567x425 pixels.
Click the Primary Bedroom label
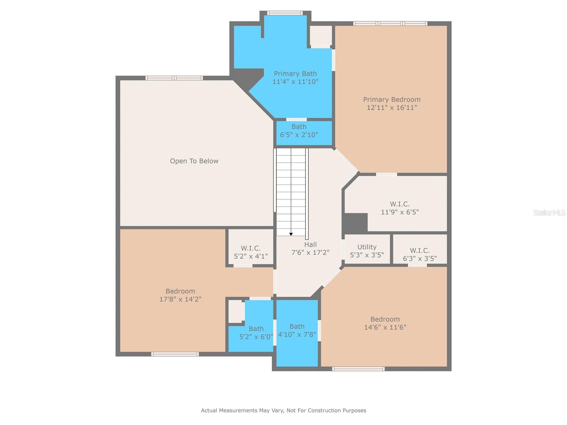tap(392, 100)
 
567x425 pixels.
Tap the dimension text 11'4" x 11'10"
tap(295, 82)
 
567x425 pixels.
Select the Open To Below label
tap(194, 161)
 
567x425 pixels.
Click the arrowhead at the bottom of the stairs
tap(291, 234)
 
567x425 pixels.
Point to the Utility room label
tap(367, 247)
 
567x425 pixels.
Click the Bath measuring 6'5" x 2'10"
tap(299, 131)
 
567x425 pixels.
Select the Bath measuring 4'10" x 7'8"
tap(297, 330)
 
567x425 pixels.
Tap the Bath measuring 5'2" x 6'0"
tap(256, 333)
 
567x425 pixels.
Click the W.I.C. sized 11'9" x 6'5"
tap(400, 208)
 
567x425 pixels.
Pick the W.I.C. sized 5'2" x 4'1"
tap(251, 252)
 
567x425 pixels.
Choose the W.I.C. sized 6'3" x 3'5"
tap(420, 254)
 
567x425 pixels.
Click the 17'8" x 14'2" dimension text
tap(180, 299)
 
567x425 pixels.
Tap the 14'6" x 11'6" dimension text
tap(385, 327)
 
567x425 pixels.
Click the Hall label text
tap(310, 244)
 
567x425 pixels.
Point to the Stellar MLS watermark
tap(549, 213)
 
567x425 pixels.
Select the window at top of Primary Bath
tap(285, 13)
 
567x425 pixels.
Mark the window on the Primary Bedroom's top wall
tap(390, 24)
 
